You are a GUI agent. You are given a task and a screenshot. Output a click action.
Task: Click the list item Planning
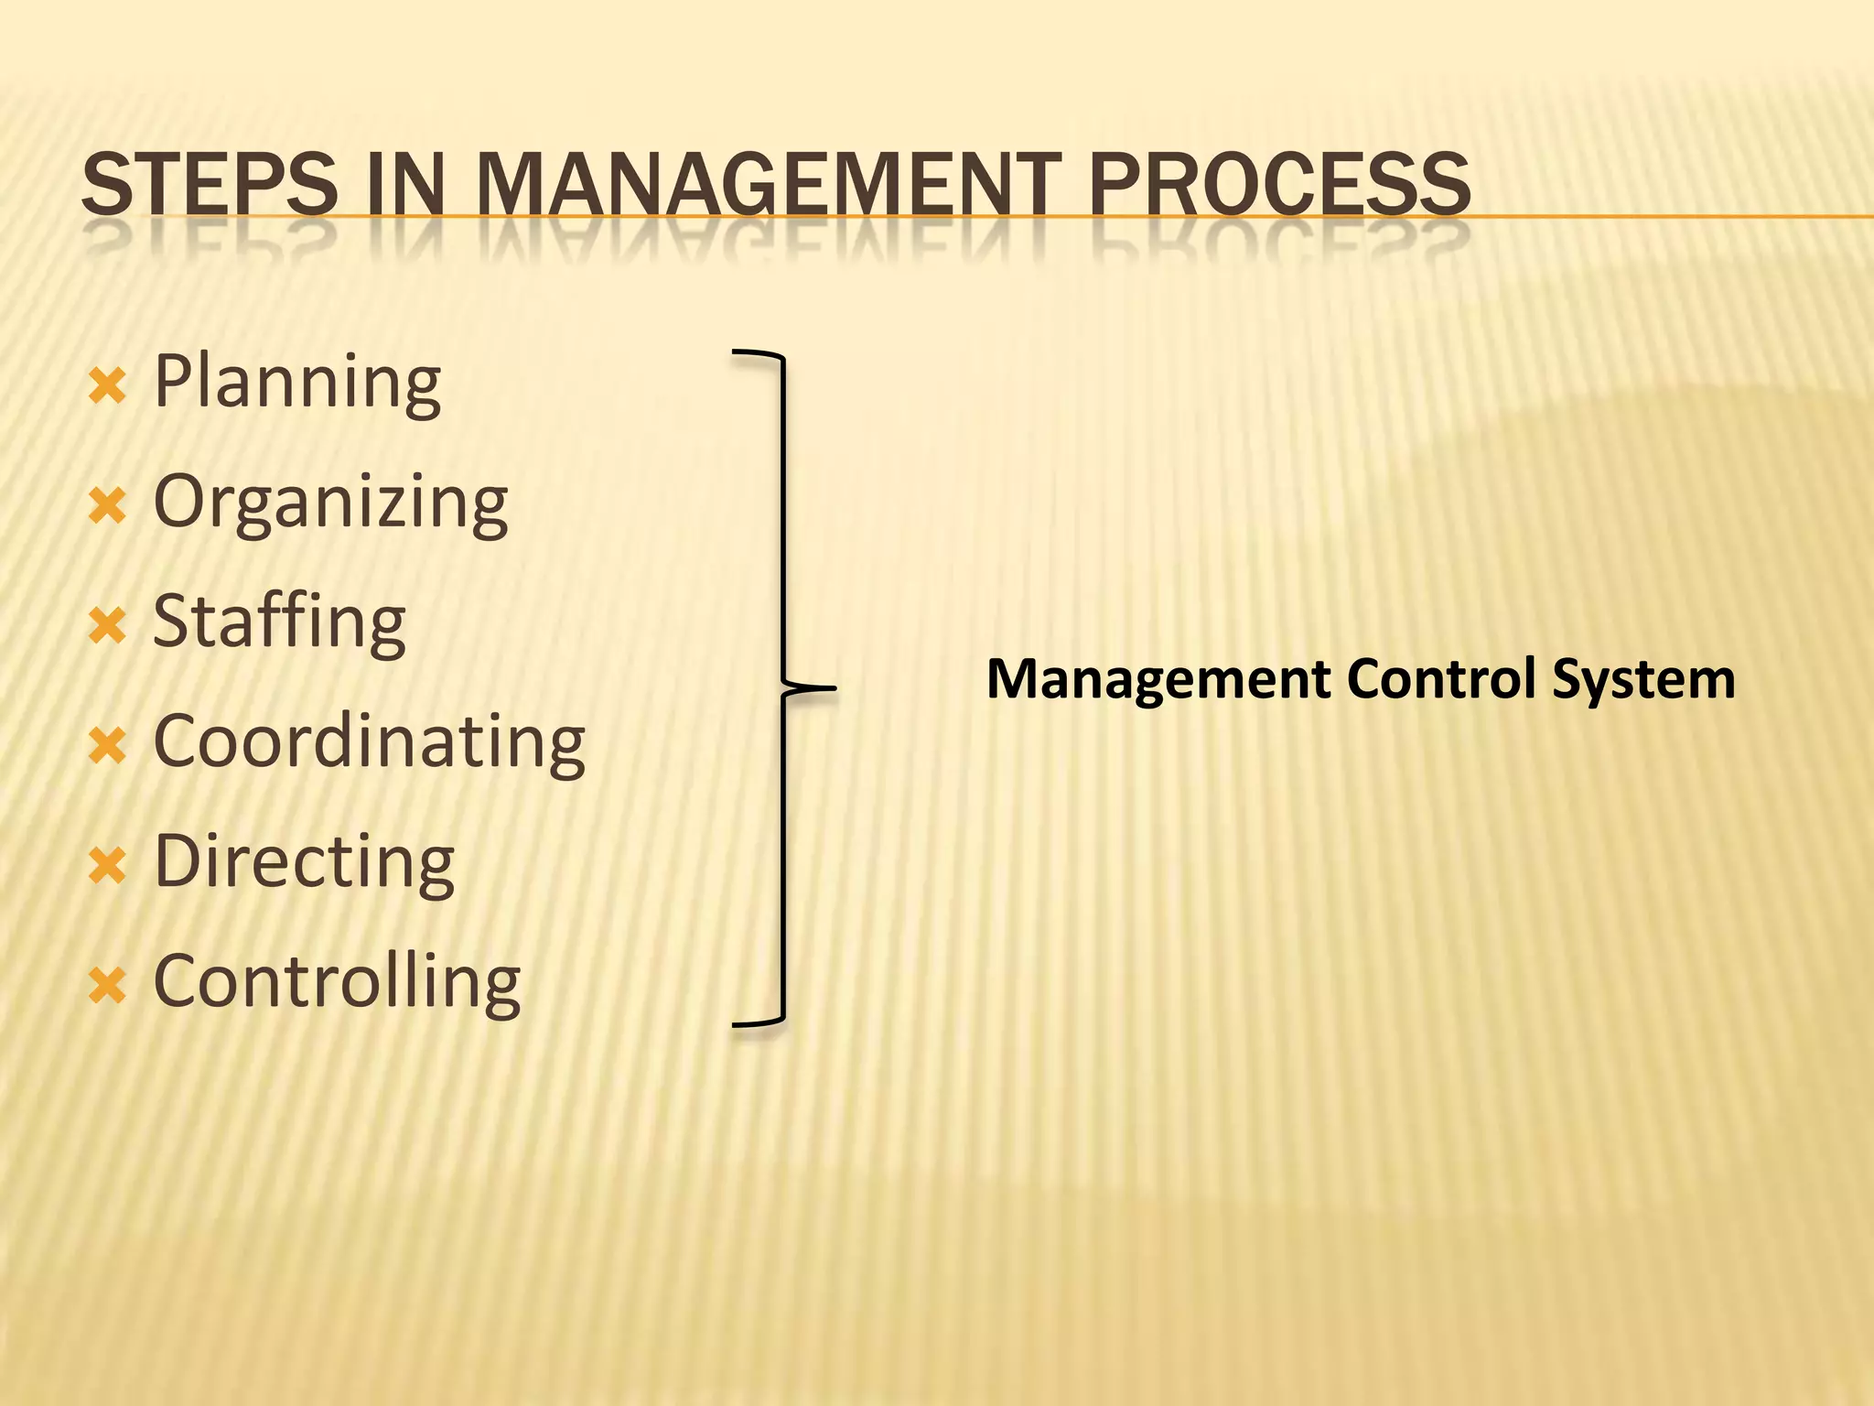(x=297, y=383)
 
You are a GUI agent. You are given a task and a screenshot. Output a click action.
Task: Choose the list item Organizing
(x=330, y=503)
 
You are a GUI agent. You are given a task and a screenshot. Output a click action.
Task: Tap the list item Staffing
(x=279, y=622)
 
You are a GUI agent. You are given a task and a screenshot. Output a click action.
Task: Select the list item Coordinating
(x=369, y=741)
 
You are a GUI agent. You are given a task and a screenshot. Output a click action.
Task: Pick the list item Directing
(x=304, y=862)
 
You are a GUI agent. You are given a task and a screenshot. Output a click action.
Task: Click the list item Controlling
(x=337, y=982)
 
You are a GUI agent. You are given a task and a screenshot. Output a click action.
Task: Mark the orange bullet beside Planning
(x=107, y=386)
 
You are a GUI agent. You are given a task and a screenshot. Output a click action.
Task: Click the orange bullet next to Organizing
(x=107, y=506)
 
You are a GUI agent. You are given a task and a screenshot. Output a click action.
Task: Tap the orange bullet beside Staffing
(x=107, y=627)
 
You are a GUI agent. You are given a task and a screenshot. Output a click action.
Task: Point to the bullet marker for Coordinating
(x=107, y=746)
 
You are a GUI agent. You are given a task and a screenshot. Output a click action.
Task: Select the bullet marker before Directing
(x=107, y=866)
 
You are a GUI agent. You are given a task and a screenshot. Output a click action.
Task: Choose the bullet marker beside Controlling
(x=107, y=986)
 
